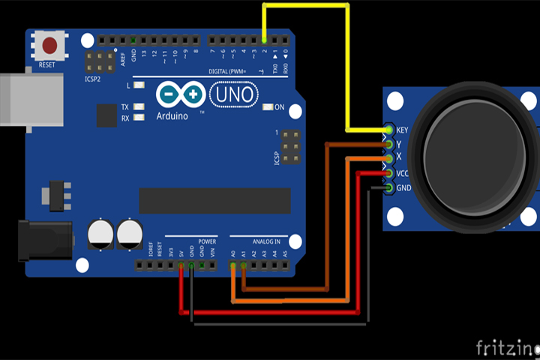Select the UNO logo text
(233, 94)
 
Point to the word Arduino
(172, 116)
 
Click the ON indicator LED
(268, 107)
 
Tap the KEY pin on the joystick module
(388, 130)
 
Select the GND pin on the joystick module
(388, 187)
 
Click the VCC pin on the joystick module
(388, 173)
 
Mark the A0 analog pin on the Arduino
(233, 265)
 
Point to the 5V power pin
(181, 265)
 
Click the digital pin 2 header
(264, 39)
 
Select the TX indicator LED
(136, 107)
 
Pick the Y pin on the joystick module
(388, 144)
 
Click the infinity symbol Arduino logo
(181, 94)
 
